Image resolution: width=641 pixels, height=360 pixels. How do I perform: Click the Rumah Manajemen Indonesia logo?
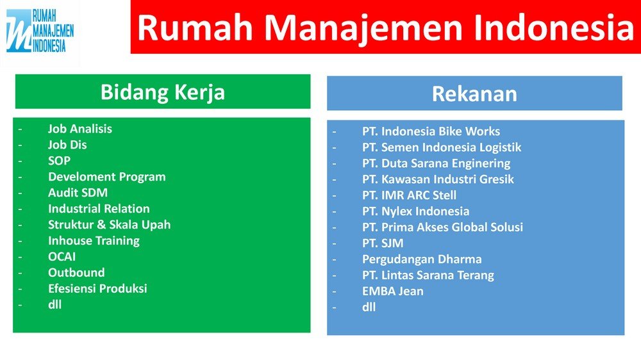[x=40, y=31]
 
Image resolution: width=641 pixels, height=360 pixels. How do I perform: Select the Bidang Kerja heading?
[x=163, y=92]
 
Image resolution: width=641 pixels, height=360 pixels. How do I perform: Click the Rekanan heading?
[x=474, y=94]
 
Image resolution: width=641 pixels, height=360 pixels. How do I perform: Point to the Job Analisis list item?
[x=80, y=129]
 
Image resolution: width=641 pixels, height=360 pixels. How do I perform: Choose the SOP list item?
[x=59, y=161]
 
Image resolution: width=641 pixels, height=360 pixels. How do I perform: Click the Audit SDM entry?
[x=78, y=192]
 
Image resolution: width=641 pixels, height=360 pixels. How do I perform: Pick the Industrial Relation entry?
[x=99, y=208]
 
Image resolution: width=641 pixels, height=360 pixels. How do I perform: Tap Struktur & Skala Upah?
[x=109, y=225]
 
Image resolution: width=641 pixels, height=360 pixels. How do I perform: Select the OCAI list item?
[x=62, y=257]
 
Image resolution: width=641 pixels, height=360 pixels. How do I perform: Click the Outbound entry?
[x=76, y=272]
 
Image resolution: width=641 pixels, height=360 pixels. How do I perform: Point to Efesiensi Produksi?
[x=97, y=288]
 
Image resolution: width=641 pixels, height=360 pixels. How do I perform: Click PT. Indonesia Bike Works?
[x=431, y=131]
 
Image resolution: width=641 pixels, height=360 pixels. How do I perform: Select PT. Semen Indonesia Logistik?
[x=442, y=147]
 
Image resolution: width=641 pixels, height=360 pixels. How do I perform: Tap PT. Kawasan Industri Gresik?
[x=438, y=179]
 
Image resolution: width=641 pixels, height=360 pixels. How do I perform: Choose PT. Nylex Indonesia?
[x=416, y=211]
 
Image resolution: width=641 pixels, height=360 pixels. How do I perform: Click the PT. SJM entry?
[x=383, y=243]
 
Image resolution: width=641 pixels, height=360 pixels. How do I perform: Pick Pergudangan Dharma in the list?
[x=422, y=259]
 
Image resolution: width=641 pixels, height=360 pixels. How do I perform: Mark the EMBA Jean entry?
[x=393, y=291]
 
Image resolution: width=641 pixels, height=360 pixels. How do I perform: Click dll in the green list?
[x=54, y=304]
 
